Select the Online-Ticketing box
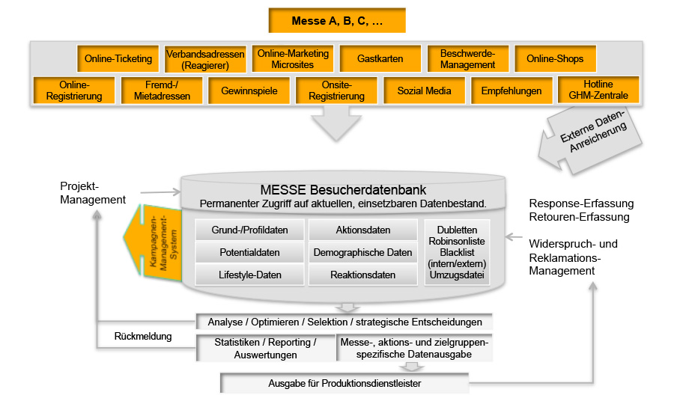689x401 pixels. [x=118, y=59]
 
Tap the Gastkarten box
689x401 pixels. [x=380, y=59]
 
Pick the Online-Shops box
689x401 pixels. [x=555, y=59]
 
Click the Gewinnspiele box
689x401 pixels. [x=249, y=91]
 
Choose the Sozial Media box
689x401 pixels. [x=424, y=91]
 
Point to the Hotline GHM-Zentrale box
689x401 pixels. [x=598, y=91]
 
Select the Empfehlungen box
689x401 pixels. [x=512, y=91]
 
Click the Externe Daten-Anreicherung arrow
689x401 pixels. [x=596, y=138]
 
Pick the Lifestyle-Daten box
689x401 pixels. [x=240, y=275]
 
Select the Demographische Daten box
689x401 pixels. [x=362, y=252]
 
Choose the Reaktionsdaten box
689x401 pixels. [x=362, y=275]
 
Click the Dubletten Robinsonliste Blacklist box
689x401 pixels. [x=457, y=252]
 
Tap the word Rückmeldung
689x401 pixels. [x=143, y=337]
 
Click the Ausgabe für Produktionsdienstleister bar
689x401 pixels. [x=344, y=384]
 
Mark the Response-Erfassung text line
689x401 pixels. [x=581, y=203]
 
